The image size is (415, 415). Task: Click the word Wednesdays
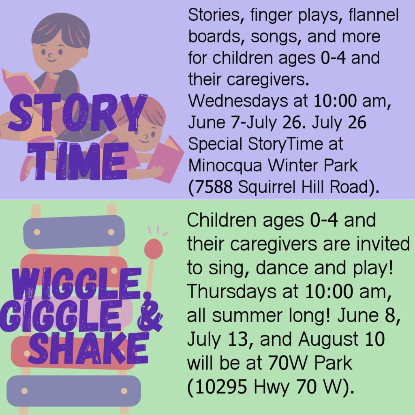tap(234, 101)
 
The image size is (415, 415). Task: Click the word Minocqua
tap(225, 166)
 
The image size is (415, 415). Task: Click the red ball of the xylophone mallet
tap(154, 248)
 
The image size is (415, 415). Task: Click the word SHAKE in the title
tap(88, 348)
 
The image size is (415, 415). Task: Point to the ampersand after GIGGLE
tap(150, 312)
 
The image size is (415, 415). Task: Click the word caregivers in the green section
tap(274, 244)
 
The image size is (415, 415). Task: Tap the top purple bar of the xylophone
tap(74, 231)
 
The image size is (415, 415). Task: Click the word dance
tap(282, 267)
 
